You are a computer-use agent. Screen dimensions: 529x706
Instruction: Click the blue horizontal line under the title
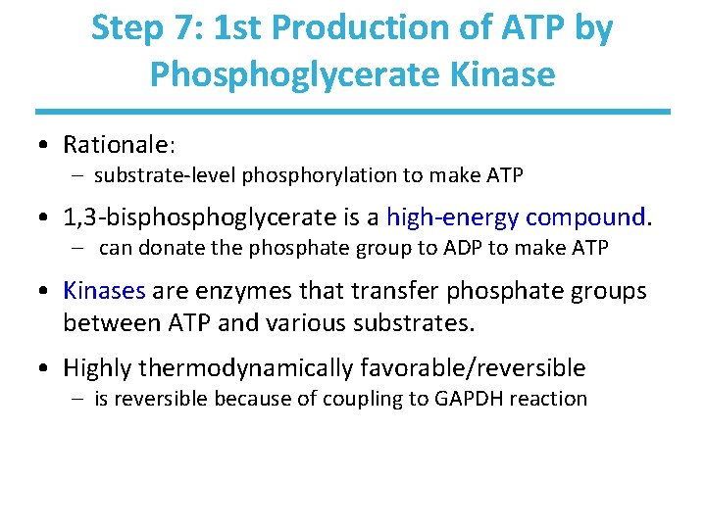tap(353, 112)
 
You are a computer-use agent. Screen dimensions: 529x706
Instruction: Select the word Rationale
tap(117, 145)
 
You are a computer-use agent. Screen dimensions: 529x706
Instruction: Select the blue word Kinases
tap(104, 291)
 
